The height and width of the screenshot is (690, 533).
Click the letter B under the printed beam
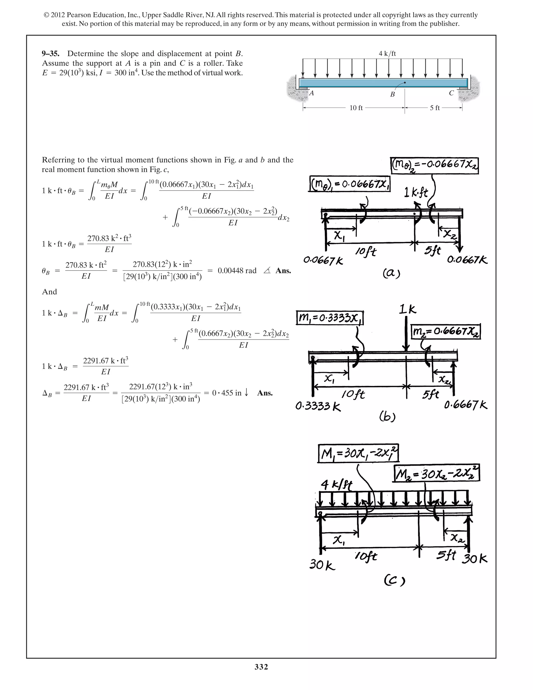tap(392, 95)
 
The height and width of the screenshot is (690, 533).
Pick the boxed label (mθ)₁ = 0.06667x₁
tap(350, 184)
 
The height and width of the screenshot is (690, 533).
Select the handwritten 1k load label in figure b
tap(407, 310)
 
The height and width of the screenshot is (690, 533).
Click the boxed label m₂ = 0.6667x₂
tap(446, 331)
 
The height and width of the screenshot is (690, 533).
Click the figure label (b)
tap(387, 417)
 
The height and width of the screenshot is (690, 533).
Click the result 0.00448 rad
tap(237, 271)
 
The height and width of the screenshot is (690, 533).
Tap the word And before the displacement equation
tap(49, 292)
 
